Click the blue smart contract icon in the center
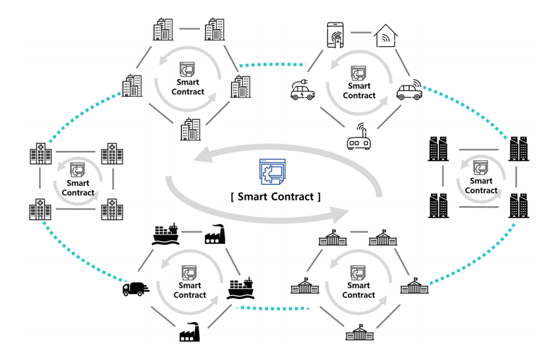tap(272, 171)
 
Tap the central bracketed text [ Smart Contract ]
tap(275, 196)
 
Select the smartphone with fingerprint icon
tap(335, 35)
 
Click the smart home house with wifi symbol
tap(385, 36)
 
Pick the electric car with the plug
tap(302, 90)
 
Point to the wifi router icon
tap(358, 136)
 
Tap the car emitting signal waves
tap(409, 90)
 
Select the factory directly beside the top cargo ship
tap(215, 235)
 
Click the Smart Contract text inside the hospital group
tap(78, 188)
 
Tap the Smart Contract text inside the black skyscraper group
tap(481, 185)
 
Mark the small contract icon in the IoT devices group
tap(358, 73)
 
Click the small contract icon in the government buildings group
tap(358, 273)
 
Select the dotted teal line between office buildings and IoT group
tap(273, 65)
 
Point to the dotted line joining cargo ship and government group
tap(273, 308)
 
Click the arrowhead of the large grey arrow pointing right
tap(339, 214)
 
